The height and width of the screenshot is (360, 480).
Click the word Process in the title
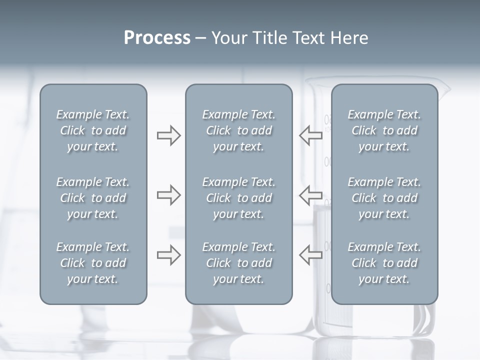(157, 38)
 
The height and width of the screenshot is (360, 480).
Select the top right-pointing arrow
(168, 135)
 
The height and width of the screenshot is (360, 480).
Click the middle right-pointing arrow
(168, 194)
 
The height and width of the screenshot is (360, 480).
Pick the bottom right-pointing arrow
(168, 255)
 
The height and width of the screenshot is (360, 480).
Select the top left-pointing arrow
(311, 135)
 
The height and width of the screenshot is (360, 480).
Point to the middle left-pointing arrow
(311, 194)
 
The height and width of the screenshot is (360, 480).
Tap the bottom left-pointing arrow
(311, 255)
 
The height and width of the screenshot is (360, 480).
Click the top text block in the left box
(93, 130)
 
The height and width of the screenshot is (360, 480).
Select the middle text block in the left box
(93, 198)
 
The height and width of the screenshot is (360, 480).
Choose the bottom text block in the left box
(93, 263)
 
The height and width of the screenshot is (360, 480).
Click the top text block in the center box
(238, 130)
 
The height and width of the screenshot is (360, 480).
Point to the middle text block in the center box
(238, 198)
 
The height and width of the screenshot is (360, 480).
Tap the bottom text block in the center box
(238, 263)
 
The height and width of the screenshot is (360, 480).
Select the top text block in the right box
(384, 130)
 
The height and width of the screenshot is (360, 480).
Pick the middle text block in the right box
(384, 198)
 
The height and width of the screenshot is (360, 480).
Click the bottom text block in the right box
(384, 263)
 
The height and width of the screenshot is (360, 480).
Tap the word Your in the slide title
(228, 38)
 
